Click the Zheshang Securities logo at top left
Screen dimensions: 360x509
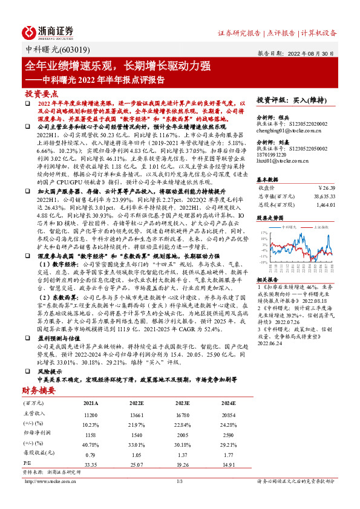[x=48, y=32]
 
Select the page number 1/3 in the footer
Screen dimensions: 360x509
[x=180, y=481]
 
